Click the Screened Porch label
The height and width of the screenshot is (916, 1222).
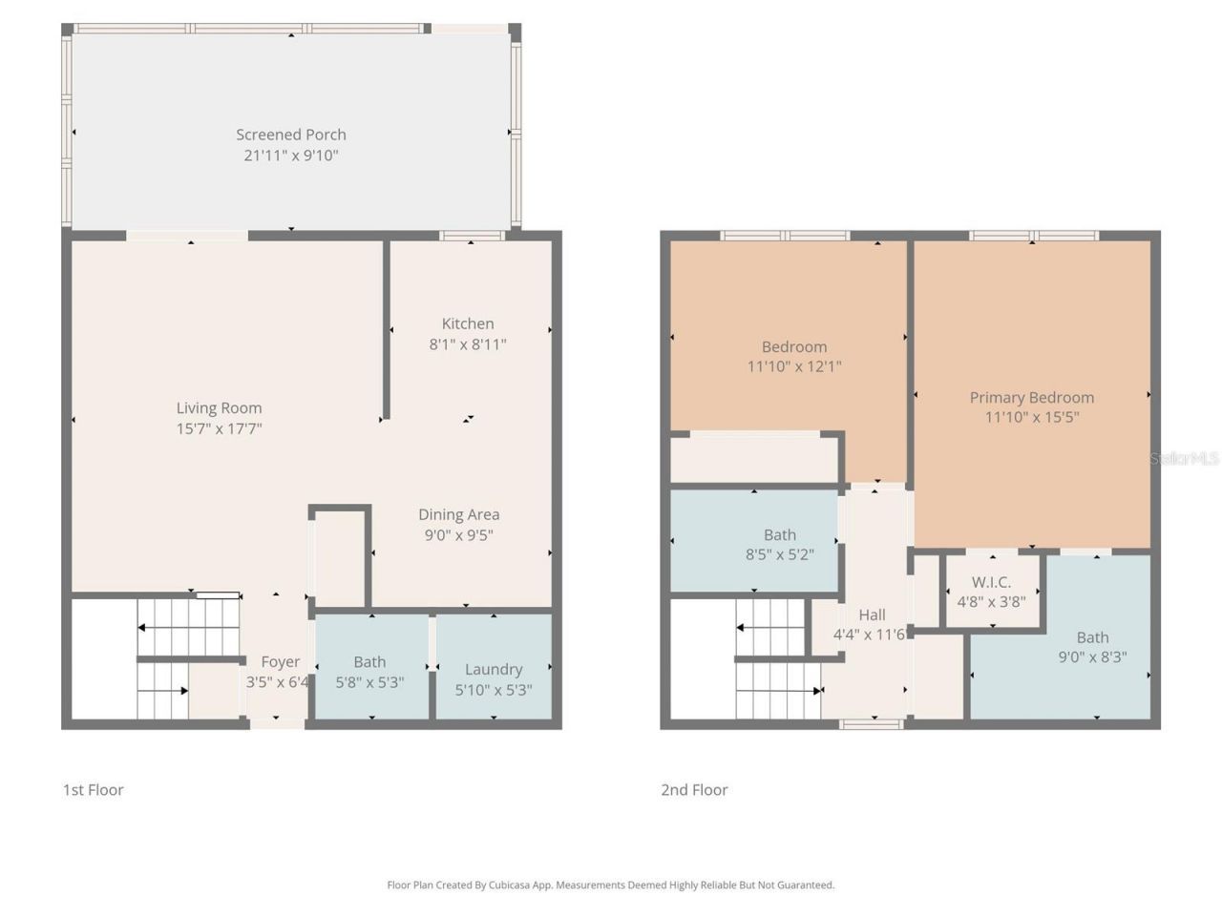(x=291, y=135)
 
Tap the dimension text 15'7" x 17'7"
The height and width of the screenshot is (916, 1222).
(x=219, y=428)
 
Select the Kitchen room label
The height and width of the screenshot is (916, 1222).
(x=468, y=323)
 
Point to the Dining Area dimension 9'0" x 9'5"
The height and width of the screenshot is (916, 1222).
(x=458, y=535)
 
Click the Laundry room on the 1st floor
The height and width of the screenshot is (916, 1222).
(x=494, y=669)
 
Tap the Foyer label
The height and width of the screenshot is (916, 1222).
(x=280, y=661)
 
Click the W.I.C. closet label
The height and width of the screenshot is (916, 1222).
(x=991, y=582)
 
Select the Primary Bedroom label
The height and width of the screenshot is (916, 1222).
(x=1032, y=397)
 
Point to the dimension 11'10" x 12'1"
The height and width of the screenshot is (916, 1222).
(x=794, y=366)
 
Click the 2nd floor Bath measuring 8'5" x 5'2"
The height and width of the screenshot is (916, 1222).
(x=779, y=544)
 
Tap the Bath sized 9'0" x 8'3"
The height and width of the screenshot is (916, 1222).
(x=1092, y=647)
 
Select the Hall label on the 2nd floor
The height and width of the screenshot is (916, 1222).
(x=872, y=615)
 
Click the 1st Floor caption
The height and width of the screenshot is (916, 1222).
(x=94, y=789)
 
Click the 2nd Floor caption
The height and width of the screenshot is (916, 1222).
(x=694, y=789)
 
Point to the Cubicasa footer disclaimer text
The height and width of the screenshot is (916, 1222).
(x=611, y=885)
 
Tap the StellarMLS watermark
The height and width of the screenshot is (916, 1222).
(x=1184, y=458)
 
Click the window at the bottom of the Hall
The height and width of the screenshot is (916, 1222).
(x=871, y=724)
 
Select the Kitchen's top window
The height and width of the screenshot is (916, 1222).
(x=472, y=236)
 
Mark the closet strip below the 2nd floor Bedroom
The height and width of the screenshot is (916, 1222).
(x=754, y=460)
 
